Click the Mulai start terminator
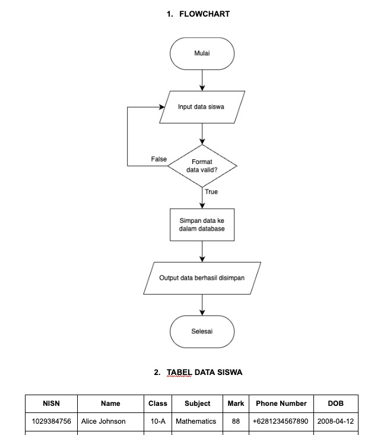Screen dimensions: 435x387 pyautogui.click(x=202, y=53)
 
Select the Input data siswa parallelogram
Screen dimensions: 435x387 pyautogui.click(x=202, y=107)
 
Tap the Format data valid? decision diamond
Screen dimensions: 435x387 pyautogui.click(x=202, y=166)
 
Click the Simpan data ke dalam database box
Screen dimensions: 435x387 pyautogui.click(x=202, y=224)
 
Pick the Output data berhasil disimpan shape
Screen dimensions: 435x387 pyautogui.click(x=202, y=278)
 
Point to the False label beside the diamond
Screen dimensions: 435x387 pyautogui.click(x=158, y=160)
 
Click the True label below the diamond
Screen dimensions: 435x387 pyautogui.click(x=211, y=192)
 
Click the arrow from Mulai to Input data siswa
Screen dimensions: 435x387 pyautogui.click(x=202, y=80)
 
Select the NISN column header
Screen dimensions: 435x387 pyautogui.click(x=51, y=404)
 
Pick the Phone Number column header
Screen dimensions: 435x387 pyautogui.click(x=281, y=404)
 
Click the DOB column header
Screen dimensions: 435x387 pyautogui.click(x=335, y=404)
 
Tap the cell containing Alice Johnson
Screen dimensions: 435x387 pyautogui.click(x=103, y=421)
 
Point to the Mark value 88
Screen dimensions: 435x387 pyautogui.click(x=236, y=421)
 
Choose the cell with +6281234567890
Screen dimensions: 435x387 pyautogui.click(x=281, y=421)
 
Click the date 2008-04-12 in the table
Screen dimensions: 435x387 pyautogui.click(x=335, y=421)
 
